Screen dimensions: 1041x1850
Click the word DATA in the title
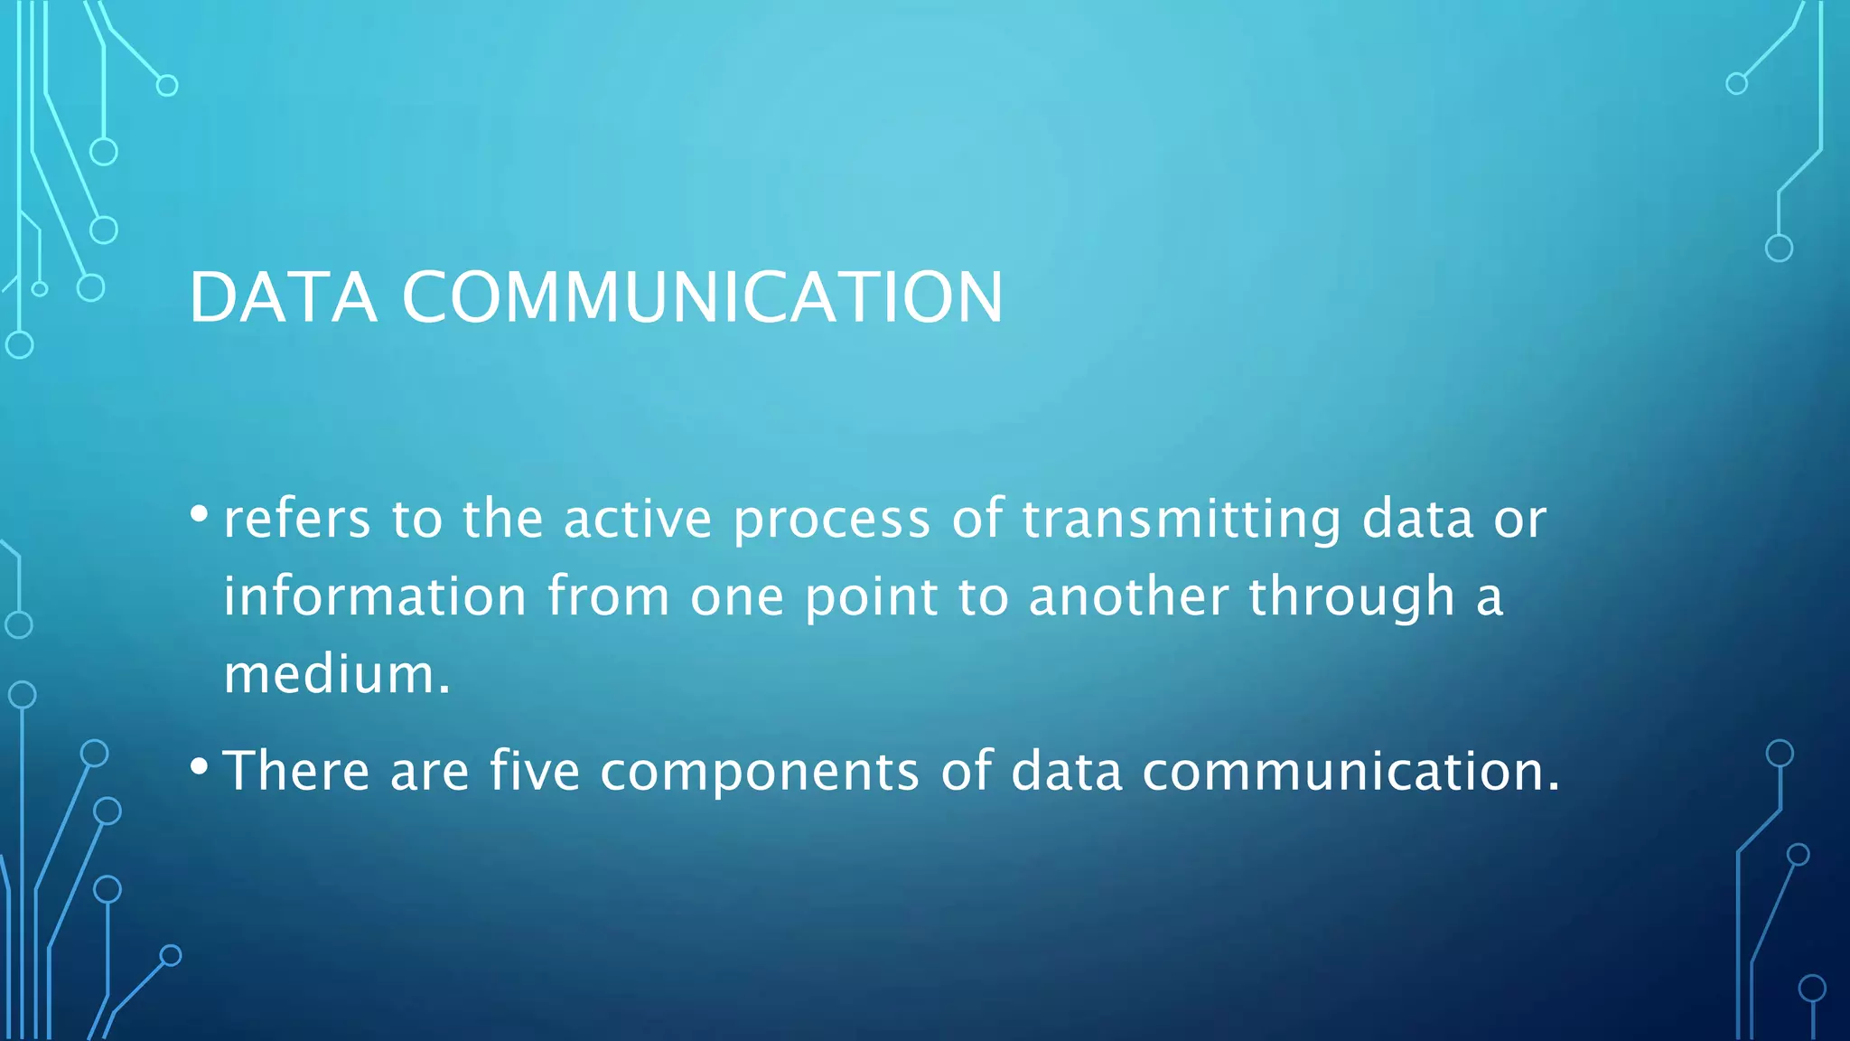click(282, 297)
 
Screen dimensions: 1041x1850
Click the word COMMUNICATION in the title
click(702, 297)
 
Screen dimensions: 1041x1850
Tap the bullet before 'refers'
click(200, 514)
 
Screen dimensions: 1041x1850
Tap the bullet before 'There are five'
click(200, 766)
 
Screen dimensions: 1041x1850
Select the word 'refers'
click(297, 520)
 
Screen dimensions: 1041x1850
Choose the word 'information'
click(375, 597)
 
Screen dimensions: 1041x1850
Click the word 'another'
click(1128, 597)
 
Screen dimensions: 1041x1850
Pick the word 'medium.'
click(337, 675)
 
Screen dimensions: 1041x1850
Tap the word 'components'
click(760, 774)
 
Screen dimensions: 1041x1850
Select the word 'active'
click(638, 520)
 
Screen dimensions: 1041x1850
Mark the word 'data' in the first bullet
click(1417, 520)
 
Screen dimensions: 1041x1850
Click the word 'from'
click(608, 597)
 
